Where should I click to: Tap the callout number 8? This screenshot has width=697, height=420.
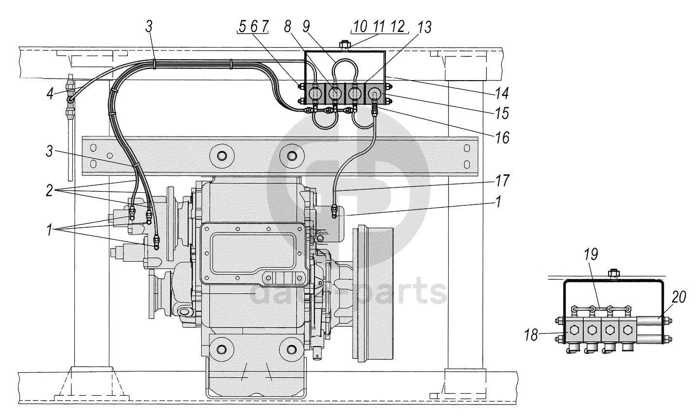(x=289, y=27)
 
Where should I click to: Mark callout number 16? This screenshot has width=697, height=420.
(x=503, y=138)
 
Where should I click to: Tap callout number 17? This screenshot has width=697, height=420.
(x=503, y=181)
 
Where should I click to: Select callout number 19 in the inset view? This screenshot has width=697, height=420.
(x=591, y=254)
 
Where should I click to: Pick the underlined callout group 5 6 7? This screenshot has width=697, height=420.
(x=253, y=27)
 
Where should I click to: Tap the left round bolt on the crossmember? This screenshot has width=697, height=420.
(x=222, y=156)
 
